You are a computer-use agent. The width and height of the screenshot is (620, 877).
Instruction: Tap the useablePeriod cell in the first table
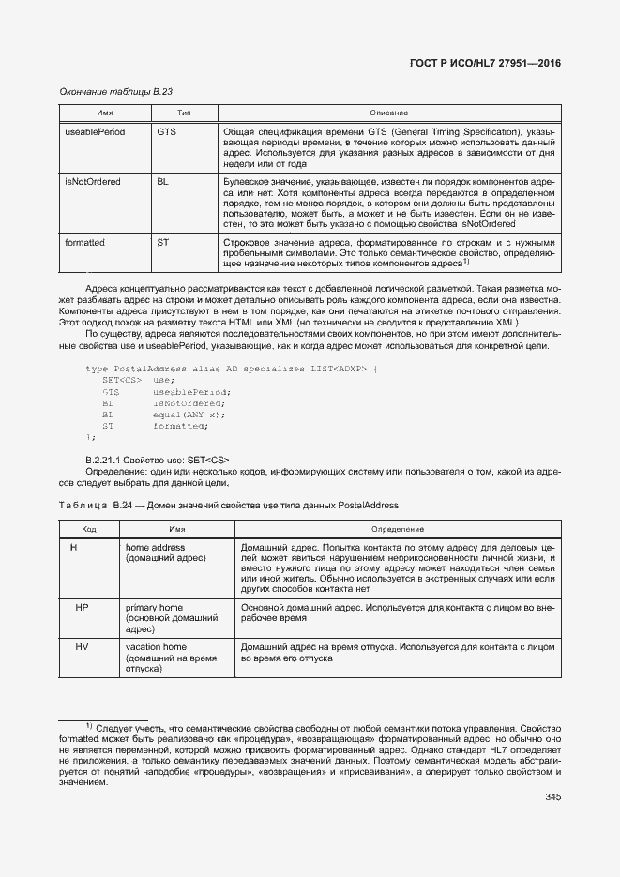point(95,132)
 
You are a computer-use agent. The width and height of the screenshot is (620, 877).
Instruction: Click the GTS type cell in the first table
point(166,132)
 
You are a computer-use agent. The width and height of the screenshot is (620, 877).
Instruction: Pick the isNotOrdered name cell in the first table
point(93,181)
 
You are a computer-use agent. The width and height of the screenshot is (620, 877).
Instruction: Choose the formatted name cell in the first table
point(84,242)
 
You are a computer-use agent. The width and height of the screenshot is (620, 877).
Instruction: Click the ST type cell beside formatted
point(162,242)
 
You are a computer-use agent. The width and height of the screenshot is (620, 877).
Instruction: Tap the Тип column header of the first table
point(184,113)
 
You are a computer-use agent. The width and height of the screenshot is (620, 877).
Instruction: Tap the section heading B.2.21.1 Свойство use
point(157,460)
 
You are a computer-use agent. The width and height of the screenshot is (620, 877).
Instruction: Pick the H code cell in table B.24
point(73,547)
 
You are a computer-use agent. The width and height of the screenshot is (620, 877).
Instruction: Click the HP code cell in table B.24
point(82,608)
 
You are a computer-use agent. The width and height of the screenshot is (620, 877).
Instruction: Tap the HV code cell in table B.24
point(82,647)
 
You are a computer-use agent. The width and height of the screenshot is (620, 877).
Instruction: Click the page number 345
point(552,798)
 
